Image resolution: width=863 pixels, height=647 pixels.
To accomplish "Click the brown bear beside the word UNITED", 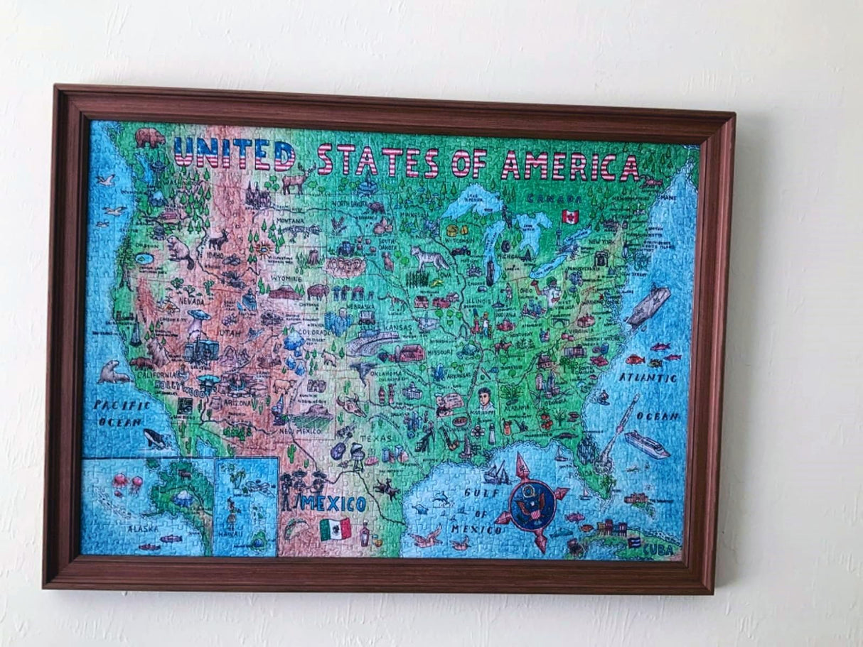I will click(149, 137).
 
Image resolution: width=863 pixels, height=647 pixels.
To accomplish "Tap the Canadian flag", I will click(569, 216).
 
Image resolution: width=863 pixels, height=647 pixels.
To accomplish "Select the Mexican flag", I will click(335, 528).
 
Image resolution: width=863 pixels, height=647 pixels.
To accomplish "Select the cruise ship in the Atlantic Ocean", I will click(646, 444).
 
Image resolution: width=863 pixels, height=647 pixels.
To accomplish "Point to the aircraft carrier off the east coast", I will click(648, 306).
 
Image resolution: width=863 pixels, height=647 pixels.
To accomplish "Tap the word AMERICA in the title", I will click(569, 167).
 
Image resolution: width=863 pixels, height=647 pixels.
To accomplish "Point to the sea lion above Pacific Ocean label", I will click(112, 372).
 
